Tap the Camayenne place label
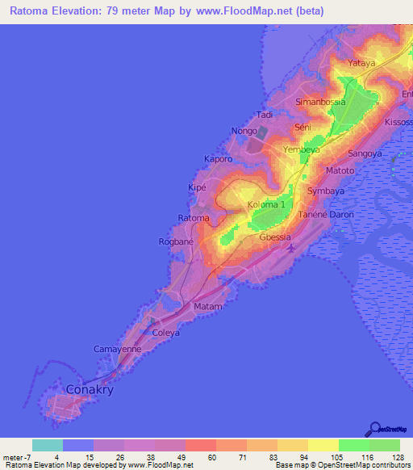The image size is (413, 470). point(118,349)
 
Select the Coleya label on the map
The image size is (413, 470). point(166,332)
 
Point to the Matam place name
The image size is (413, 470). point(207,308)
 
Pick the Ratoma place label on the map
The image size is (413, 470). point(194,219)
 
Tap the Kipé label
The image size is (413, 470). point(198,187)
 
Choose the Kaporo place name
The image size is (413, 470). point(218,159)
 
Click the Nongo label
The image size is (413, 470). point(244,131)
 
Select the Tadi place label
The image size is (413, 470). point(265,115)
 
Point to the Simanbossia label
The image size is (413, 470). point(320,102)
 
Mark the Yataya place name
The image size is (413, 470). point(361,63)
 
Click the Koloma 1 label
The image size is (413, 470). point(267,204)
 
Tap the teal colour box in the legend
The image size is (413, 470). point(47,445)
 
